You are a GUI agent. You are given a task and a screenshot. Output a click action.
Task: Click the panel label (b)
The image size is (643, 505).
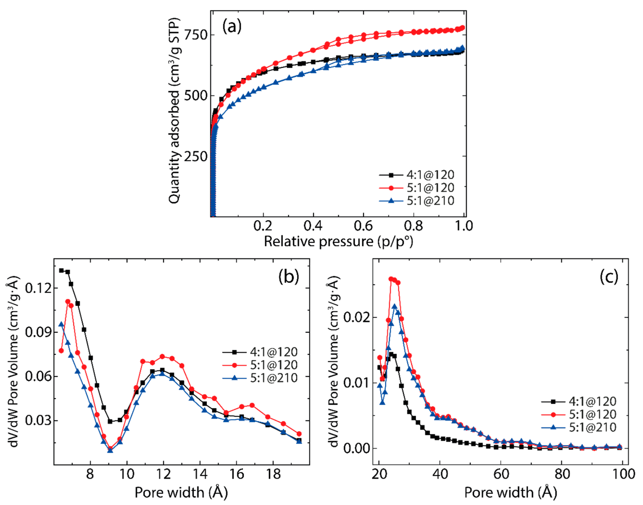289,276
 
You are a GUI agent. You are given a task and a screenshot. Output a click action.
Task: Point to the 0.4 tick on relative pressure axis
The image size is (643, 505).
313,226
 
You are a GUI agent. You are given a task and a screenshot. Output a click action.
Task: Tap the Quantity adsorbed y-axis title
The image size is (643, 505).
174,111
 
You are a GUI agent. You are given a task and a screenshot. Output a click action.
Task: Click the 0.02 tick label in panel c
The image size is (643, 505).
357,317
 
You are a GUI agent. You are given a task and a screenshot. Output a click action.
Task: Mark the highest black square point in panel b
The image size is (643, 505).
61,270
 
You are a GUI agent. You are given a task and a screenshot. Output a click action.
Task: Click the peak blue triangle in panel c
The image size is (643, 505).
394,306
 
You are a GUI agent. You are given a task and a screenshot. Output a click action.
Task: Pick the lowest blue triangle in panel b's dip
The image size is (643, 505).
110,451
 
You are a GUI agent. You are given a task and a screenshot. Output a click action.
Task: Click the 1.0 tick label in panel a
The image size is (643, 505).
464,226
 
